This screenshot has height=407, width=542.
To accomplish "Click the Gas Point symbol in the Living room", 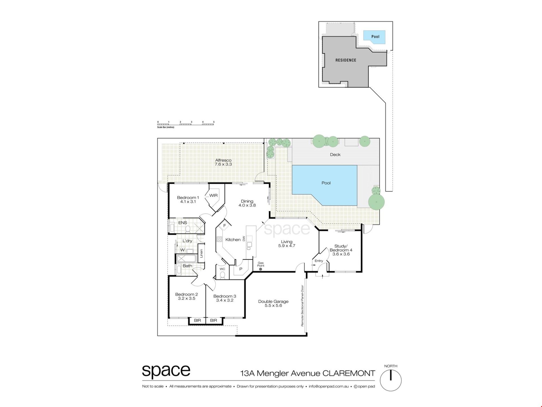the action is point(261,269).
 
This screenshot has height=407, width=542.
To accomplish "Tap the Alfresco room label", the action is point(223,160).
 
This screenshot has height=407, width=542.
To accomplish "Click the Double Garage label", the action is point(273,302).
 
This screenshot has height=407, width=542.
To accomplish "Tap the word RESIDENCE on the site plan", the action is point(346,60).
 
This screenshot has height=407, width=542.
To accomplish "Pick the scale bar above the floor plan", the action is point(185,124).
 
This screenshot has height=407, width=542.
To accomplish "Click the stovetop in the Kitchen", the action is point(219,239).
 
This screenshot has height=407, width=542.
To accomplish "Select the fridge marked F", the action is point(225,226).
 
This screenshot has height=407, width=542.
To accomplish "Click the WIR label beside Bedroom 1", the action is point(213,195).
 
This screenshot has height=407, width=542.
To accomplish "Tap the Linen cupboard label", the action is point(201,253).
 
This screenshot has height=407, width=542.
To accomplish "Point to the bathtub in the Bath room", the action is point(186,258).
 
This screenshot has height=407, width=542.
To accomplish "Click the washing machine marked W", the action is point(182,250).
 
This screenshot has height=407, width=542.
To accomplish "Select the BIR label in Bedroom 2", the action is point(197,320).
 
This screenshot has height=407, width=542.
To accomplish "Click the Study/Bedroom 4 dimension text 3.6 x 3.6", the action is point(341,254).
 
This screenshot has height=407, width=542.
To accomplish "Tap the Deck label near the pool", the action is point(335,155).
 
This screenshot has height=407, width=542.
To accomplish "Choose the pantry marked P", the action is point(241,269).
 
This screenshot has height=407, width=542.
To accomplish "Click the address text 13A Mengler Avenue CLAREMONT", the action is point(308,373).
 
